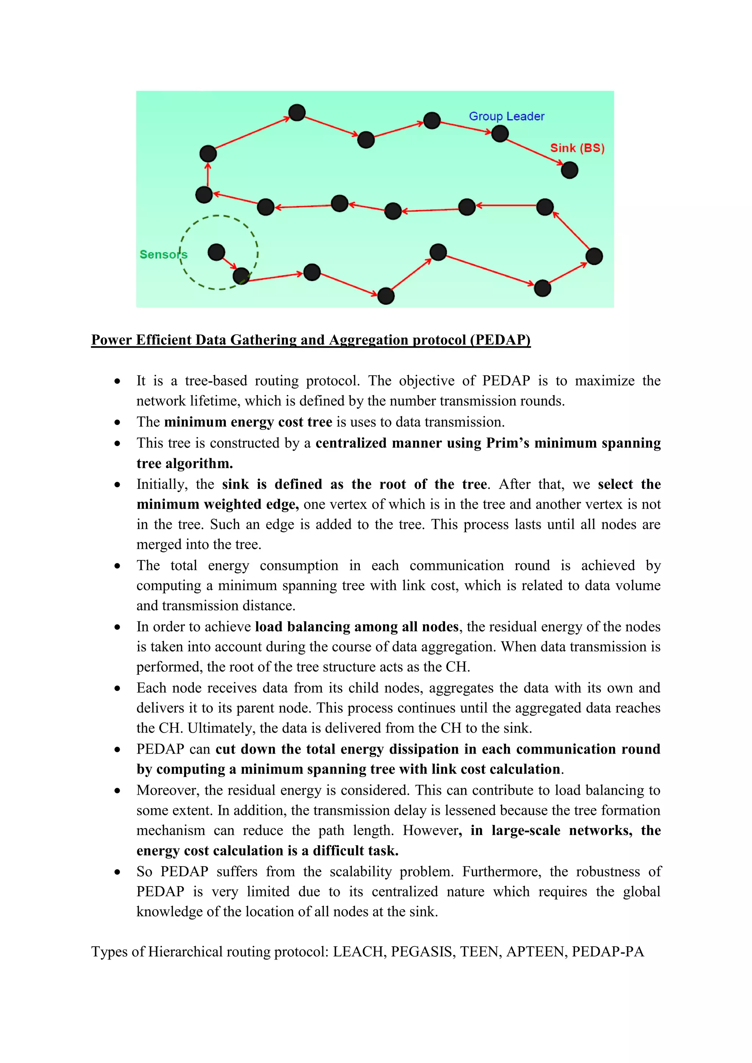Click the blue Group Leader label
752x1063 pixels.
(507, 116)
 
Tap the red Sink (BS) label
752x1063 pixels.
(577, 148)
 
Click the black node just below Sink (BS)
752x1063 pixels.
(570, 170)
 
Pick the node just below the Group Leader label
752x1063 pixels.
(500, 134)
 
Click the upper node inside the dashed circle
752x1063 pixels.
(216, 252)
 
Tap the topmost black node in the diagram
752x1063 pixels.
(297, 113)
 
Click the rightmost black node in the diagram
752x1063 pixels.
(594, 257)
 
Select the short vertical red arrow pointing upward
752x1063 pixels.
(207, 175)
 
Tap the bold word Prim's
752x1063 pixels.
(508, 443)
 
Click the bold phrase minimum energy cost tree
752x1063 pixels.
(248, 422)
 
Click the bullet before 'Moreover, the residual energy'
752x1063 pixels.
(117, 791)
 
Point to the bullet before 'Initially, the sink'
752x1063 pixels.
(117, 485)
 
